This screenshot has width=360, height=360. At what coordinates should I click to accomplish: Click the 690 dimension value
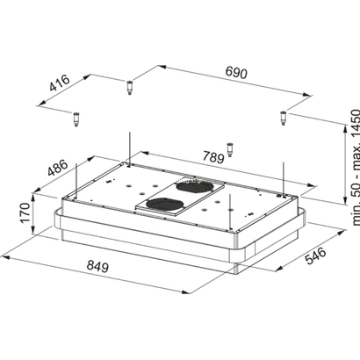236,73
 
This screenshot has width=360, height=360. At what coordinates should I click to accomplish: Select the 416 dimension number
60,83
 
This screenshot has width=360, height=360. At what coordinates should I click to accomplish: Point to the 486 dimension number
58,168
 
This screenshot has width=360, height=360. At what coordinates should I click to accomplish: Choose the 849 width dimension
97,266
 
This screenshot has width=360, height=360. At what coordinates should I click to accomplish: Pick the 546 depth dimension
315,256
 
